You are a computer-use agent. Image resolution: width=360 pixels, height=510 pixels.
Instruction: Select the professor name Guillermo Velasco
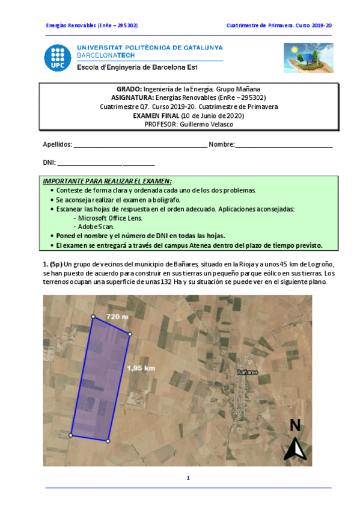pyautogui.click(x=206, y=124)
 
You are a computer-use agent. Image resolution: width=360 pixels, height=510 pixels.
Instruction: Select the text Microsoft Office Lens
pyautogui.click(x=114, y=218)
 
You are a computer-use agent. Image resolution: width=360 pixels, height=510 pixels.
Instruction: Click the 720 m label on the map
pyautogui.click(x=117, y=316)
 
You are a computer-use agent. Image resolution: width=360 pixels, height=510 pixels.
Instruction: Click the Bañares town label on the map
pyautogui.click(x=247, y=372)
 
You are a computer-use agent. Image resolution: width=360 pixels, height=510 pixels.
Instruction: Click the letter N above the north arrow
pyautogui.click(x=295, y=425)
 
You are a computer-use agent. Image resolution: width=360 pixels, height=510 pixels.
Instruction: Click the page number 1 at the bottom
pyautogui.click(x=188, y=478)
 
